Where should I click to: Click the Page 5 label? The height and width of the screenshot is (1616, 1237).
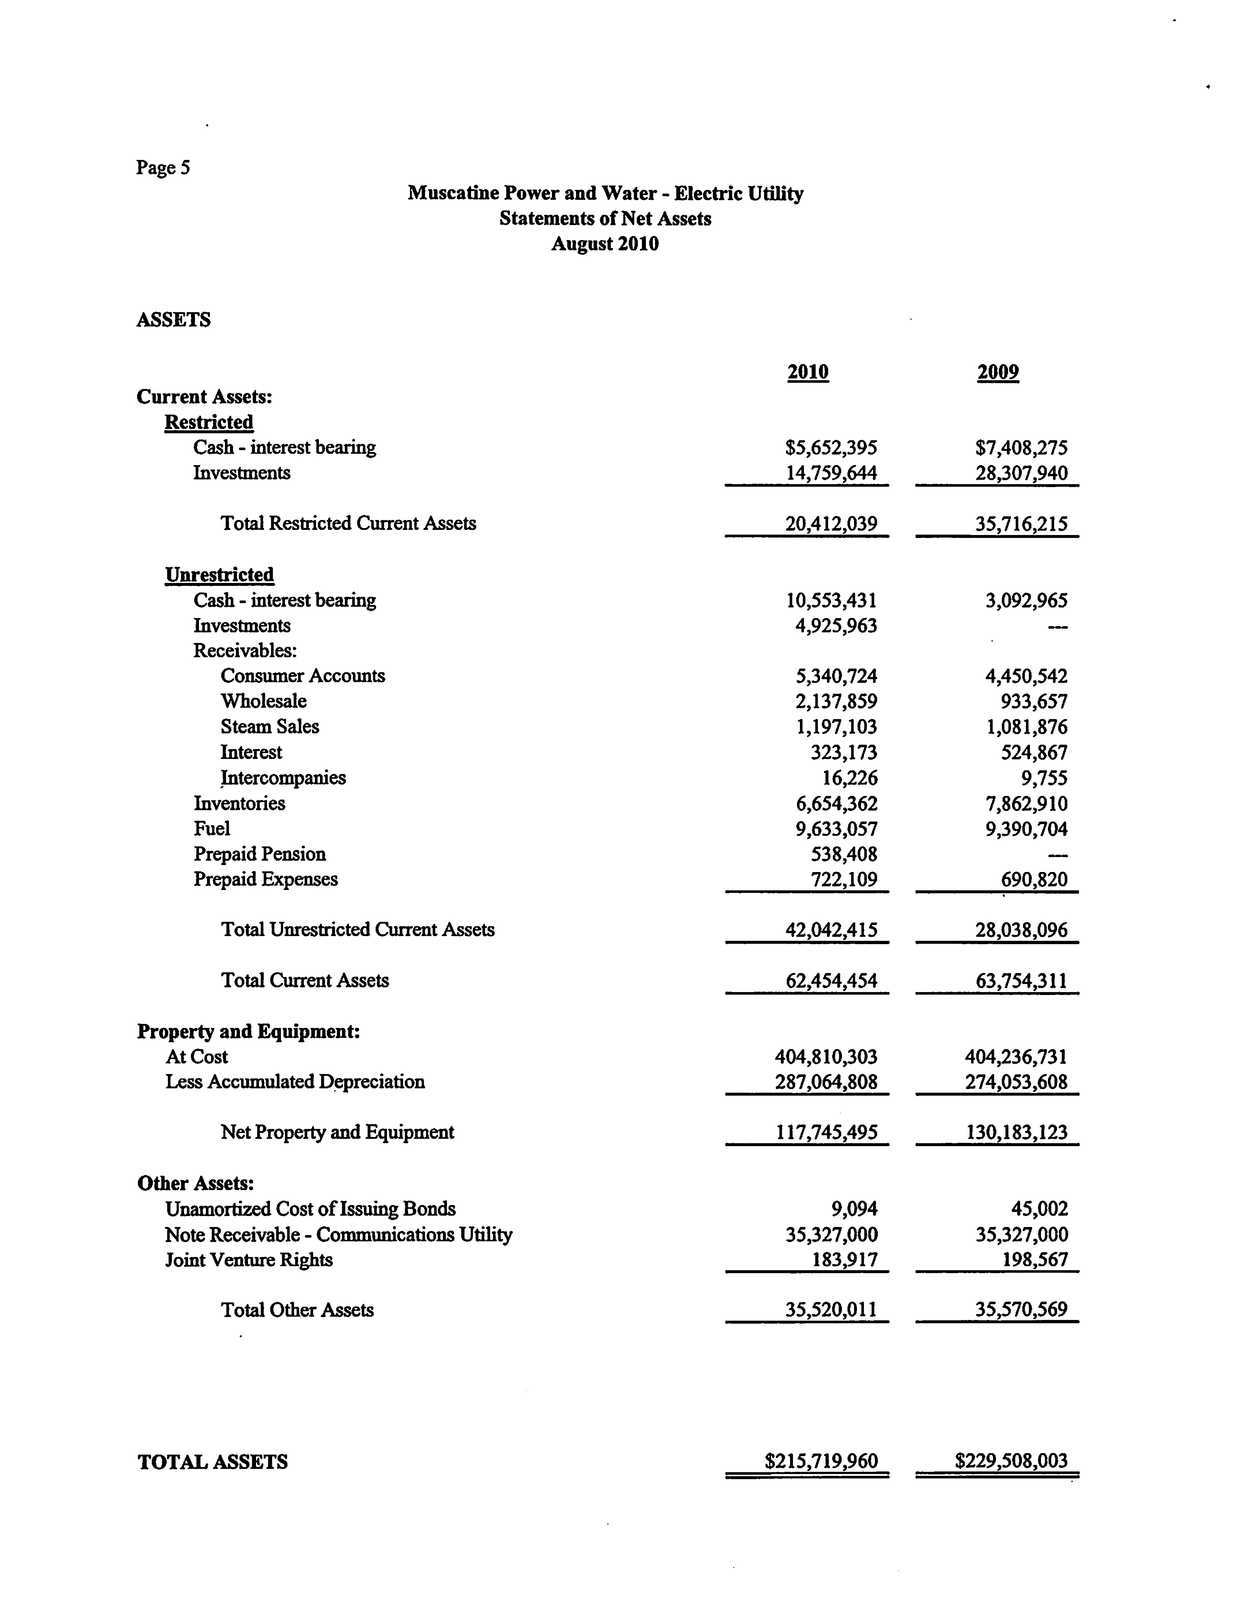(163, 168)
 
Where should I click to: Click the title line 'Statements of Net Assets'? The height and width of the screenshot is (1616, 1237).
(605, 219)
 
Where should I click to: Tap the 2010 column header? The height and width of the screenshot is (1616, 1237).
(808, 372)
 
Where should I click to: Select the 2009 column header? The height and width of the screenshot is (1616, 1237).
(998, 372)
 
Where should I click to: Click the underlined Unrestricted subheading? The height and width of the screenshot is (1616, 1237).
(219, 575)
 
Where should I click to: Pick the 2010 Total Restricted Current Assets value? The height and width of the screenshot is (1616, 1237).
(831, 524)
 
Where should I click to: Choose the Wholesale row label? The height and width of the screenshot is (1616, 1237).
(264, 701)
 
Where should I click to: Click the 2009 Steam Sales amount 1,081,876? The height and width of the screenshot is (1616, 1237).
(1026, 727)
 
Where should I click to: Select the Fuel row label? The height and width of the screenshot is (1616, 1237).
(212, 828)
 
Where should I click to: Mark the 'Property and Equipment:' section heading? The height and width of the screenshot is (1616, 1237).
(248, 1031)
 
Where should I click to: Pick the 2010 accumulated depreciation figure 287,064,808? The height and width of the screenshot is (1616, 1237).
(826, 1082)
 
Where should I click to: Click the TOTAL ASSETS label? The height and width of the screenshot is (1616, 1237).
(213, 1462)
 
